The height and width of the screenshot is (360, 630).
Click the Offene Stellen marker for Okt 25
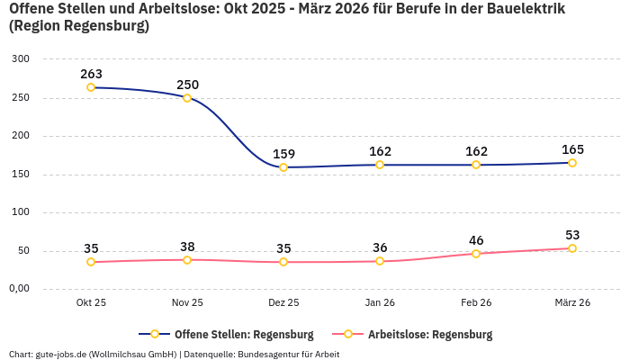click(x=91, y=87)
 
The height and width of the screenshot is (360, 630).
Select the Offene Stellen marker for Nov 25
click(x=187, y=97)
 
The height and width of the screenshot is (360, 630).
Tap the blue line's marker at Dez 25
click(x=283, y=167)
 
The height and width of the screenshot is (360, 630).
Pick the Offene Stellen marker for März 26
click(x=572, y=163)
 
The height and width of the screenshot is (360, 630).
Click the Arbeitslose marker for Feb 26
click(x=476, y=254)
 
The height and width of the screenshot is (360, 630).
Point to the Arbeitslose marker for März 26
click(x=572, y=248)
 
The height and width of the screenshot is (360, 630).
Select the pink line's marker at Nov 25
click(x=187, y=260)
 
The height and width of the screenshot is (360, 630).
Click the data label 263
click(x=91, y=74)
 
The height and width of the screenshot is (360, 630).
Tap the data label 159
click(x=283, y=154)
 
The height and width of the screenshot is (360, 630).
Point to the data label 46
click(x=476, y=240)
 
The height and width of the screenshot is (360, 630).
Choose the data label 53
click(x=572, y=235)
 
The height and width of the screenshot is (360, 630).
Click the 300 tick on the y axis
click(x=21, y=59)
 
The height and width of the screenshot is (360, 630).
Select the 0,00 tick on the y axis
click(x=19, y=289)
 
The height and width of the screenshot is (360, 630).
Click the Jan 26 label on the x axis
click(x=380, y=303)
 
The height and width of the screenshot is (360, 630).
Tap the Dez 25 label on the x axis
click(x=283, y=303)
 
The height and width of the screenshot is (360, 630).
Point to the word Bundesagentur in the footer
click(x=269, y=355)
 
